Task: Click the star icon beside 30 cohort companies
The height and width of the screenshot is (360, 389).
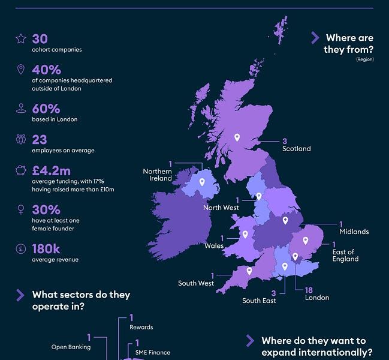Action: pyautogui.click(x=21, y=39)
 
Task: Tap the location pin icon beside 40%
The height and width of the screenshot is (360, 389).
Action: pyautogui.click(x=21, y=70)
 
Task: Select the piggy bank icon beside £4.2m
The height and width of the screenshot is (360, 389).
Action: pyautogui.click(x=21, y=170)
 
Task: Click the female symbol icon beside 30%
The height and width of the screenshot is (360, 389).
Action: pyautogui.click(x=21, y=210)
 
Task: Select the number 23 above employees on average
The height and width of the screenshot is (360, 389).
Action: pyautogui.click(x=40, y=139)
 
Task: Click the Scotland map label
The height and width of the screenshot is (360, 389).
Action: pyautogui.click(x=296, y=149)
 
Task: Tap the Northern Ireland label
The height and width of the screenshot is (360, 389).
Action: pyautogui.click(x=157, y=175)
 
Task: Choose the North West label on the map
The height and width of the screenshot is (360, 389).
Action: pyautogui.click(x=221, y=208)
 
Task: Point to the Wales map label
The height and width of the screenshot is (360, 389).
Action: pyautogui.click(x=213, y=245)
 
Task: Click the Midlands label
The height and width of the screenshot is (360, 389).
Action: pyautogui.click(x=354, y=232)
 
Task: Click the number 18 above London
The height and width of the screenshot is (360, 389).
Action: pyautogui.click(x=309, y=290)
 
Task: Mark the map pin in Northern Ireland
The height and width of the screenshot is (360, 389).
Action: pyautogui.click(x=201, y=182)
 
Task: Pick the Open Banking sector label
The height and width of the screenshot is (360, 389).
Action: pyautogui.click(x=71, y=347)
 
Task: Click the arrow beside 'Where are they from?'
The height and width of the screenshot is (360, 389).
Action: pyautogui.click(x=315, y=38)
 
